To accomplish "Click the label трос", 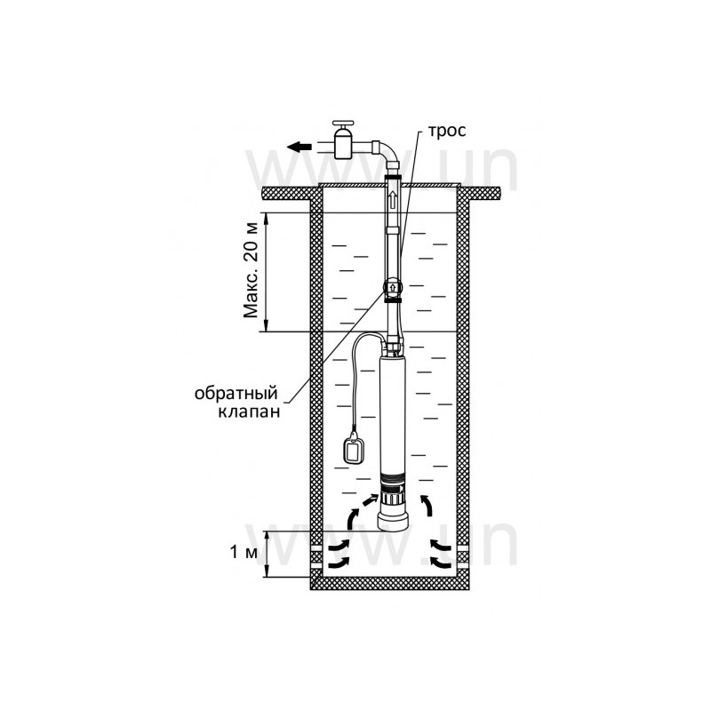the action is click(447, 131).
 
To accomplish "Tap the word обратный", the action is click(236, 393).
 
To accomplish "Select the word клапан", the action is click(249, 411).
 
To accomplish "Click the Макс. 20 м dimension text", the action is click(251, 271).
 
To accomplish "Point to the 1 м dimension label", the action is click(244, 552).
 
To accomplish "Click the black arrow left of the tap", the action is click(300, 147).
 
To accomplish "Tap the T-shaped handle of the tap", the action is click(343, 124).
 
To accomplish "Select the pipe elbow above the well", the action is click(386, 156).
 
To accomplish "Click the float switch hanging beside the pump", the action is click(353, 449).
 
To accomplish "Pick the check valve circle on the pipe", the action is click(393, 287).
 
